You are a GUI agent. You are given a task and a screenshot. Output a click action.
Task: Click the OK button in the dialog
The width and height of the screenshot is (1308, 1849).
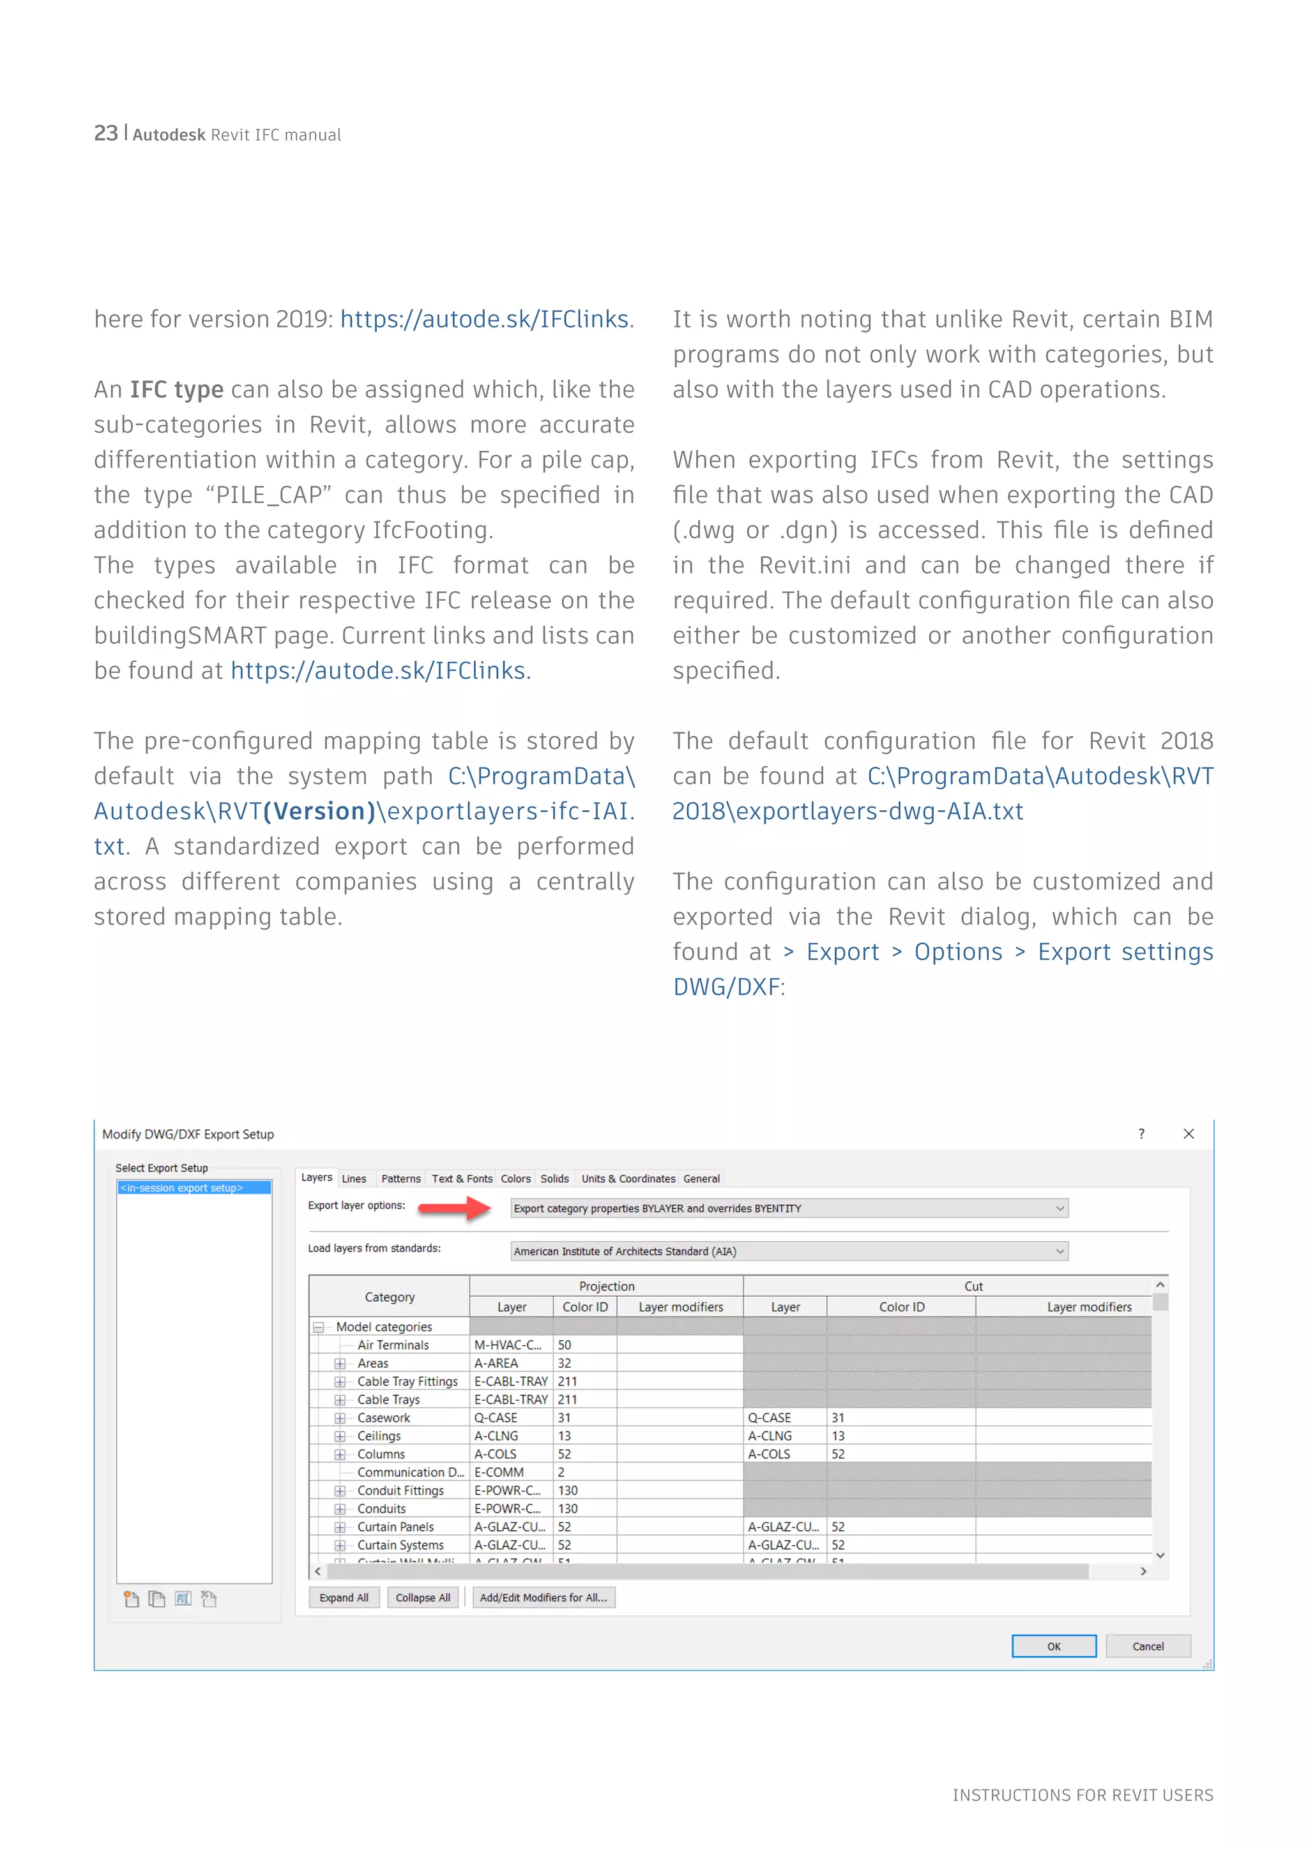coord(1053,1646)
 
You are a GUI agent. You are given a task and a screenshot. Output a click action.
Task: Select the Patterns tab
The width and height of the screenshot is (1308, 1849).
coord(400,1178)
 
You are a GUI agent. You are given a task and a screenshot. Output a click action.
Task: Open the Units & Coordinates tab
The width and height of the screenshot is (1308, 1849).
coord(628,1178)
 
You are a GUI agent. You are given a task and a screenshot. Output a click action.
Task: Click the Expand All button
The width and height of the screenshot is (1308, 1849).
coord(344,1597)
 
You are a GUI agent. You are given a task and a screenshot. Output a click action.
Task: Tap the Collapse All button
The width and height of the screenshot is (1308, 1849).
coord(423,1597)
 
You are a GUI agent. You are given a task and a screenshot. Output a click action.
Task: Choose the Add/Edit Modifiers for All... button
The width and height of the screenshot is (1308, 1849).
coord(544,1597)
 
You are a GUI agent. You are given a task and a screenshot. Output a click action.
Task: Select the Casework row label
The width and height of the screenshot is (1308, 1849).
coord(383,1417)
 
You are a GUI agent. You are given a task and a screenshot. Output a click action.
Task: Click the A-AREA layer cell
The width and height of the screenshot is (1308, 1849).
coord(496,1362)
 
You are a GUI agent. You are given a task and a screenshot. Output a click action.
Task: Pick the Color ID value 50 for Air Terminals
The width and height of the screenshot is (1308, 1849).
coord(565,1345)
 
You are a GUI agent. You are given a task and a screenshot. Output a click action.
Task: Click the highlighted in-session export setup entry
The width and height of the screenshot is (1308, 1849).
coord(194,1187)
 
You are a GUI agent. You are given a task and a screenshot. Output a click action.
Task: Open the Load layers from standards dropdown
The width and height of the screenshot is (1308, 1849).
coord(789,1251)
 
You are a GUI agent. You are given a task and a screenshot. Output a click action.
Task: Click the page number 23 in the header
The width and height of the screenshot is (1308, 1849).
coord(105,133)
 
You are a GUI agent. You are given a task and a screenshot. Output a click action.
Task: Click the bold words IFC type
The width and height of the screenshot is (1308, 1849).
coord(176,389)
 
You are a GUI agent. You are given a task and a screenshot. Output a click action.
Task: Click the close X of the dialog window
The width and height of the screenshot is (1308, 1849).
coord(1188,1134)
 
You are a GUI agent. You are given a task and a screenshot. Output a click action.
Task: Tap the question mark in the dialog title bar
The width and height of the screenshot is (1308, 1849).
coord(1141,1134)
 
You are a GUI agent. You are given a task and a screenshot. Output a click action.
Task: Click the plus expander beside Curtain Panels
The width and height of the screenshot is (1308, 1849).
coord(340,1527)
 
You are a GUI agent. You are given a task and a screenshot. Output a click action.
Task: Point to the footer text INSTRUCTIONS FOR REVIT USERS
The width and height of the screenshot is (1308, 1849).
coord(1083,1794)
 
